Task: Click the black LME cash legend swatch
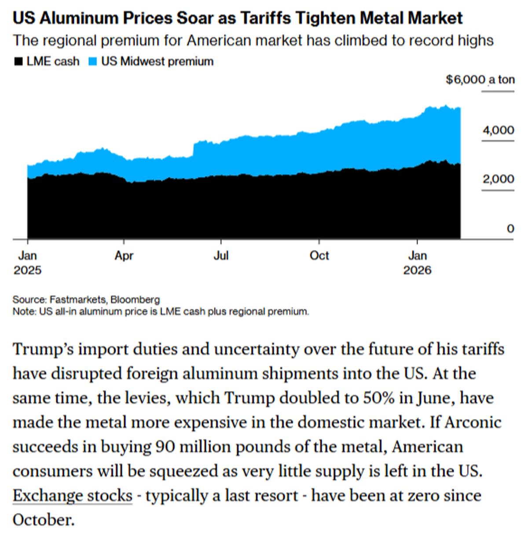pyautogui.click(x=18, y=62)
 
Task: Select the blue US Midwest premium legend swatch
pyautogui.click(x=92, y=62)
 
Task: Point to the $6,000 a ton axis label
pyautogui.click(x=480, y=80)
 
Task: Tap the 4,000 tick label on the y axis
pyautogui.click(x=498, y=130)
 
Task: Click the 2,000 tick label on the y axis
pyautogui.click(x=498, y=179)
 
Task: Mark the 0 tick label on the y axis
pyautogui.click(x=510, y=229)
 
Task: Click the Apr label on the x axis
pyautogui.click(x=124, y=256)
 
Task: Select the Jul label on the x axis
pyautogui.click(x=221, y=256)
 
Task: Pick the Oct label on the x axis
pyautogui.click(x=319, y=256)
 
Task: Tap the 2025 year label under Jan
pyautogui.click(x=27, y=270)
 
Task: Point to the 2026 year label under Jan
pyautogui.click(x=417, y=270)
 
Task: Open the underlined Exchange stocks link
pyautogui.click(x=72, y=495)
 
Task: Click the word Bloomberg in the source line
pyautogui.click(x=135, y=300)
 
